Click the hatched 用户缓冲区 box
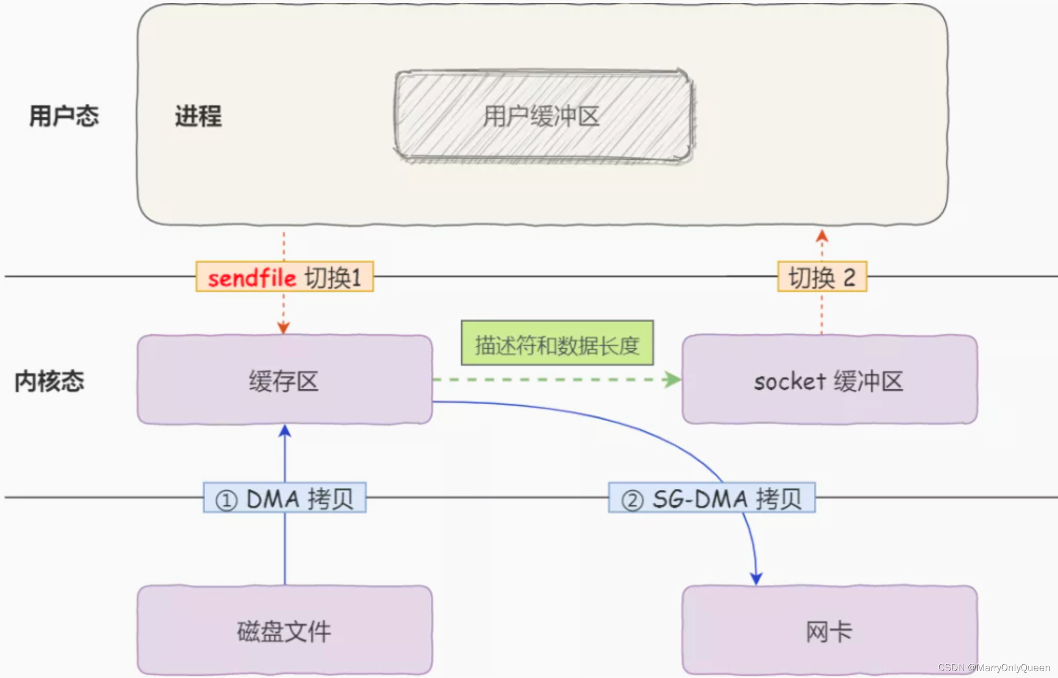pos(543,116)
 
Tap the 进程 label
pos(198,116)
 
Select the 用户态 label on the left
pos(64,116)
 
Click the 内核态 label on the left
pos(50,381)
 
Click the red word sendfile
pos(252,278)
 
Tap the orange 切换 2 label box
pos(822,277)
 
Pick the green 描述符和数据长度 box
pos(557,343)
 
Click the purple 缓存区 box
pos(284,380)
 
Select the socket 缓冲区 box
pos(829,380)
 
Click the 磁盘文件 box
pos(284,630)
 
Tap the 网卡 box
pos(829,630)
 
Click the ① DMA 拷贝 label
pos(285,498)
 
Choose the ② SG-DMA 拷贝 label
pos(711,498)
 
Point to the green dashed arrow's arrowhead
pos(672,379)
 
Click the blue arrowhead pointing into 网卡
pos(756,579)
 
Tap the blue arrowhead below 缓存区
pos(285,431)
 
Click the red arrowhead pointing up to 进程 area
pos(822,236)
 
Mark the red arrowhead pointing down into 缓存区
pos(283,328)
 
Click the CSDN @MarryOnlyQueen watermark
pos(994,667)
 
